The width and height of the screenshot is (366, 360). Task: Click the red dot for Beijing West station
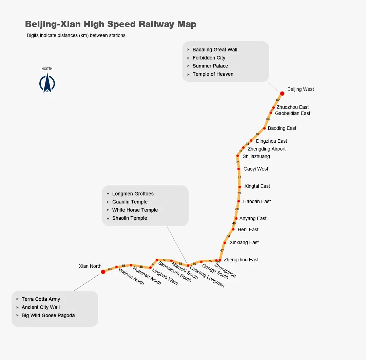(x=282, y=94)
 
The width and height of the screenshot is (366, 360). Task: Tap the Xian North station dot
(x=103, y=272)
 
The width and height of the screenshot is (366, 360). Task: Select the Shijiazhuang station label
(x=256, y=156)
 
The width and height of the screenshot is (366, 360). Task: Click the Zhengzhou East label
(x=241, y=260)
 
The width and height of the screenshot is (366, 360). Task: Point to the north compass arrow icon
(x=47, y=83)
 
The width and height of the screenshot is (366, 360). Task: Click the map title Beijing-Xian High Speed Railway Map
(x=111, y=24)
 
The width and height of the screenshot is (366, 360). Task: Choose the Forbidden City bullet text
(x=209, y=58)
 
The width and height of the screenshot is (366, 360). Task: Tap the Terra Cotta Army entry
(x=41, y=299)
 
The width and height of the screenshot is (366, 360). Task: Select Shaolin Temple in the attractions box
(x=130, y=218)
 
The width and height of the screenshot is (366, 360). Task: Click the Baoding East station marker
(x=265, y=128)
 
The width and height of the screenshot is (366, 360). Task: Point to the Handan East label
(x=257, y=201)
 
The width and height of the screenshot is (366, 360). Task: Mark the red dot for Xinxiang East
(x=225, y=243)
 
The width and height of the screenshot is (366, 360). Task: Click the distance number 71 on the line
(x=239, y=177)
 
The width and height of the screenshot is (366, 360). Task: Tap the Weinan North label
(x=131, y=277)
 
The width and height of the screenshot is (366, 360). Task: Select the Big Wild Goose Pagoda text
(x=48, y=316)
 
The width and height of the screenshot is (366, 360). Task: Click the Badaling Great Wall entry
(x=215, y=50)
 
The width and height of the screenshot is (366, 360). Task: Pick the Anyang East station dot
(x=236, y=219)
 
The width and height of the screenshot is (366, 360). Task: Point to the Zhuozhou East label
(x=292, y=107)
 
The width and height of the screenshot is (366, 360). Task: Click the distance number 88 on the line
(x=141, y=267)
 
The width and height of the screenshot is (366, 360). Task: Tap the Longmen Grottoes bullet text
(x=133, y=194)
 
